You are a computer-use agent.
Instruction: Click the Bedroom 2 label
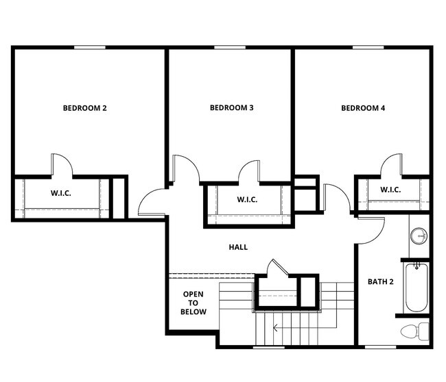84,107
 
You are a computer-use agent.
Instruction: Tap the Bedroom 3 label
232,107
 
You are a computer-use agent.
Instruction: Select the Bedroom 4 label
363,107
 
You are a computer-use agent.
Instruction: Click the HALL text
239,247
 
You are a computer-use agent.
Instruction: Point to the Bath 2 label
380,281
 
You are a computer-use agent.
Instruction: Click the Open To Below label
193,303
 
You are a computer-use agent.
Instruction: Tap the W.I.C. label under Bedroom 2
60,193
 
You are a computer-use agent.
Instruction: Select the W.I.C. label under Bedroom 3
247,199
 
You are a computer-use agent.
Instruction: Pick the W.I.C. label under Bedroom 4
390,190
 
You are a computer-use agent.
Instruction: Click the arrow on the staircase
276,327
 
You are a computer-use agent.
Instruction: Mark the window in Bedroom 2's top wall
90,47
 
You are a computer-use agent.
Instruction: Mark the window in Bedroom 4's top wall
368,47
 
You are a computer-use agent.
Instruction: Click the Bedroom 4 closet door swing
392,165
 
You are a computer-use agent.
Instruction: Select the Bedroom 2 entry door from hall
152,203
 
